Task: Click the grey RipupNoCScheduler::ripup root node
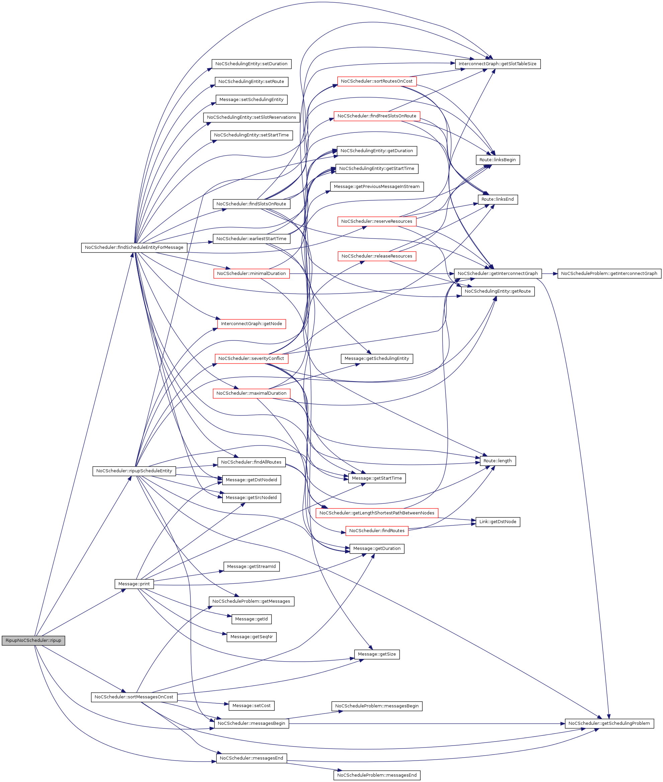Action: tap(33, 641)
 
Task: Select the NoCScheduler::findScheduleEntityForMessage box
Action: tap(134, 248)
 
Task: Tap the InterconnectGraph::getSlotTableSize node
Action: tap(497, 64)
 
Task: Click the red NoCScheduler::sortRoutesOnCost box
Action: tap(376, 81)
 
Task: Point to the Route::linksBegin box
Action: tap(497, 160)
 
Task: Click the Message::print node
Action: tap(134, 584)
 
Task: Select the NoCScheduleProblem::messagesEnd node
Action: tap(377, 775)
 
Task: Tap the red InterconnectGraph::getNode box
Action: tap(251, 323)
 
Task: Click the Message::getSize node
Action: tap(377, 654)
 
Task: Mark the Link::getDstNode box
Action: tap(497, 521)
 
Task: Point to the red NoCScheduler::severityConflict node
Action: tap(251, 358)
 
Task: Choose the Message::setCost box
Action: tap(251, 705)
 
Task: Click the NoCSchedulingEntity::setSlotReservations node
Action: tap(251, 117)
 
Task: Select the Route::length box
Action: tap(497, 461)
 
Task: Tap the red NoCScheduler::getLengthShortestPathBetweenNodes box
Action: tap(377, 513)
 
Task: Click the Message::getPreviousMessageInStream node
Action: tap(377, 186)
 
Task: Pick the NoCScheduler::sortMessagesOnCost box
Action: tap(134, 697)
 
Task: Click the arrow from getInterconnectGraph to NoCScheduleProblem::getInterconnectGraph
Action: tap(550, 274)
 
